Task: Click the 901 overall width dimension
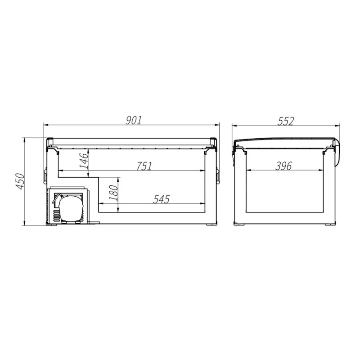click(134, 120)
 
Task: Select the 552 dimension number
click(285, 121)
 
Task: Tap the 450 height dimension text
click(20, 181)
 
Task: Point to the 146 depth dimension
click(84, 161)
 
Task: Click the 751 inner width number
click(144, 166)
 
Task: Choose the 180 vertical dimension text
click(113, 193)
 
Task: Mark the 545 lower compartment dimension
click(162, 199)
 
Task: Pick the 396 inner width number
click(283, 166)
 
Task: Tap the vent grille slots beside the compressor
click(56, 216)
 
